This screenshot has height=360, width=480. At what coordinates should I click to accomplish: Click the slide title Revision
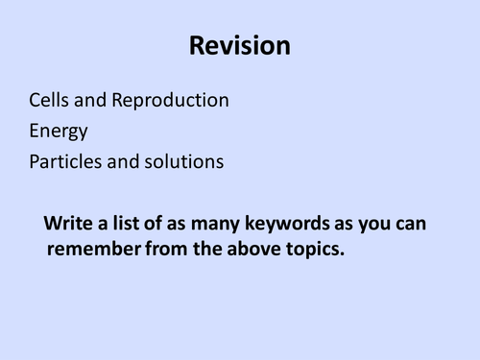[240, 45]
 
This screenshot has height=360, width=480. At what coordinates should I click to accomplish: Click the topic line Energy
[59, 132]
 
